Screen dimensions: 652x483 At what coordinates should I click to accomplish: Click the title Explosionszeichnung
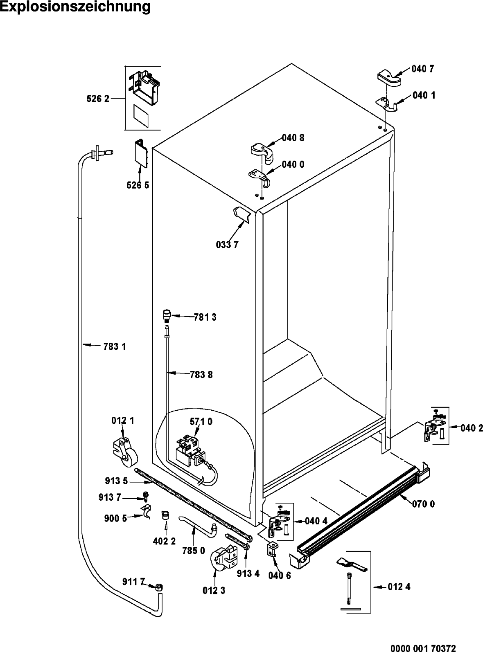pyautogui.click(x=75, y=7)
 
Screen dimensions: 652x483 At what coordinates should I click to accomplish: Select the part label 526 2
pyautogui.click(x=98, y=99)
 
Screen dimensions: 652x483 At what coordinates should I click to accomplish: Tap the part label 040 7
pyautogui.click(x=423, y=69)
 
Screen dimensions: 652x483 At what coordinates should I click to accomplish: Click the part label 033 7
pyautogui.click(x=227, y=245)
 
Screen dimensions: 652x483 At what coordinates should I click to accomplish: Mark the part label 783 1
pyautogui.click(x=114, y=346)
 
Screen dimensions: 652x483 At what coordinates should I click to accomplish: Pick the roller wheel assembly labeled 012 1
pyautogui.click(x=123, y=452)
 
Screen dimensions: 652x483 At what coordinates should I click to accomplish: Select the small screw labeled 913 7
pyautogui.click(x=146, y=496)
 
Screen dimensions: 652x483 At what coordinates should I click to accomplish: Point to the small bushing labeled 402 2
pyautogui.click(x=166, y=515)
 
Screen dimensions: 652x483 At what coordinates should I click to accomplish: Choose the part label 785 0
pyautogui.click(x=193, y=551)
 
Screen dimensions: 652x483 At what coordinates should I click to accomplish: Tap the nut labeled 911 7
pyautogui.click(x=159, y=587)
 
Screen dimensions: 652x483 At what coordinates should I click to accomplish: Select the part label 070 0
pyautogui.click(x=423, y=504)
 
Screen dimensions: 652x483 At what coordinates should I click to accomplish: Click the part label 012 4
pyautogui.click(x=399, y=587)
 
